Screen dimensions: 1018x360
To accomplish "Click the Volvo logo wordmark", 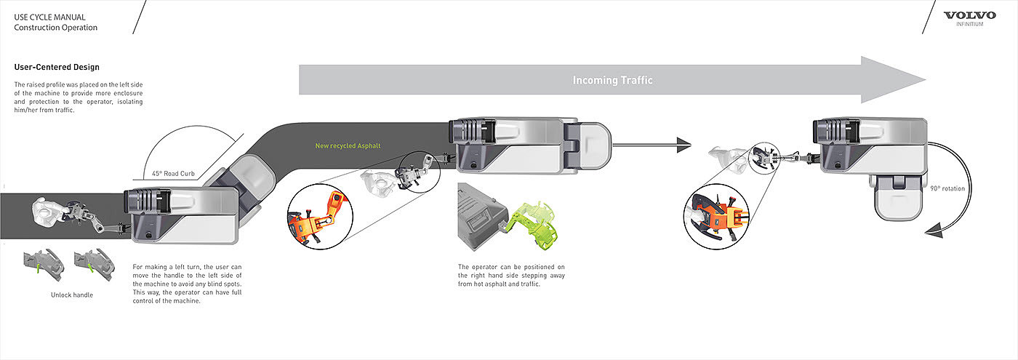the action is [970, 15].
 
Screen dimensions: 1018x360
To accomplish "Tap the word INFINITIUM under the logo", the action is [970, 24].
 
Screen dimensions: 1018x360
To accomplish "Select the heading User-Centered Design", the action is [57, 67].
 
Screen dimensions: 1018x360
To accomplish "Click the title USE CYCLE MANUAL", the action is [49, 17].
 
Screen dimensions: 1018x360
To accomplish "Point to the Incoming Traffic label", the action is [612, 81].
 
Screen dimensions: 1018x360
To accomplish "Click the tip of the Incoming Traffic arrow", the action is [925, 79].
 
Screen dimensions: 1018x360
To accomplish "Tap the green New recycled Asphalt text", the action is [348, 146].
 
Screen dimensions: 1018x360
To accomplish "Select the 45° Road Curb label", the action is [173, 174].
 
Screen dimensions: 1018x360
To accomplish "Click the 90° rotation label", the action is [947, 188].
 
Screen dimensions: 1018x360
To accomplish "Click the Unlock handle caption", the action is [72, 295].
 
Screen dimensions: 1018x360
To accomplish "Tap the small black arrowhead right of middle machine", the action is [684, 145].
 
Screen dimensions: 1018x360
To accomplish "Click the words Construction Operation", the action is [55, 28].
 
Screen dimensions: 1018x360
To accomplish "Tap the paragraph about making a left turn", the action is [188, 284].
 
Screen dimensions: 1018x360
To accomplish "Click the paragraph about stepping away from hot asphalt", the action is [511, 276].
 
